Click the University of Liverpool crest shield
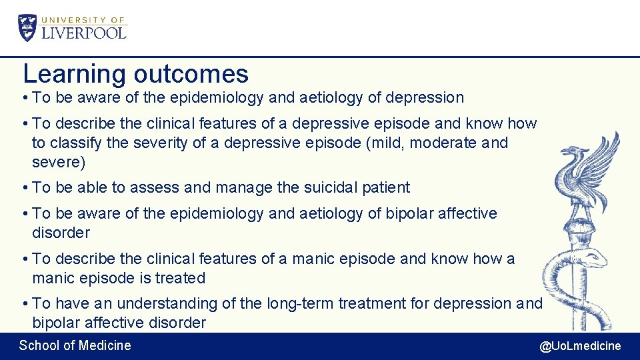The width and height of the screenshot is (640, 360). click(28, 27)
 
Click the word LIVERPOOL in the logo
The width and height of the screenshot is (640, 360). click(84, 33)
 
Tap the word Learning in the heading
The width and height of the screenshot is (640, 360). click(74, 73)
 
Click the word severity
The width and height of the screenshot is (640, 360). click(163, 143)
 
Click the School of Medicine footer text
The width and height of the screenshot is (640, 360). click(75, 345)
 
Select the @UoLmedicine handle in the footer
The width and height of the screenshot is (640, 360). click(580, 346)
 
